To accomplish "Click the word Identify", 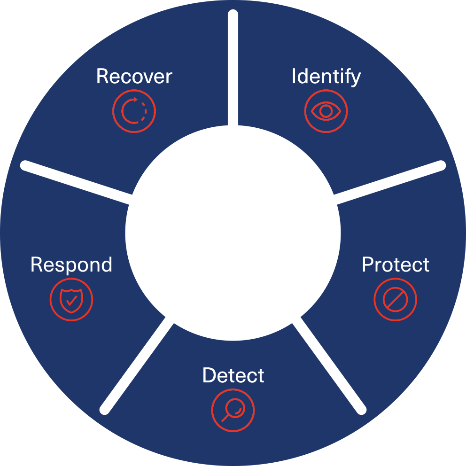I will pyautogui.click(x=326, y=77).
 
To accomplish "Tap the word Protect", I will pyautogui.click(x=396, y=265).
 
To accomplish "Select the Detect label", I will pyautogui.click(x=233, y=376).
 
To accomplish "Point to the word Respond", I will pyautogui.click(x=71, y=265).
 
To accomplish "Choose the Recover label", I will pyautogui.click(x=134, y=77).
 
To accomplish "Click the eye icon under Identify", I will pyautogui.click(x=326, y=111).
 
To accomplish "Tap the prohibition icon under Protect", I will pyautogui.click(x=396, y=300).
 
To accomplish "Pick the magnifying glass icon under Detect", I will pyautogui.click(x=233, y=410).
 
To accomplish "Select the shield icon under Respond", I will pyautogui.click(x=71, y=300).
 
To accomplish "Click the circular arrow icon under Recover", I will pyautogui.click(x=134, y=111).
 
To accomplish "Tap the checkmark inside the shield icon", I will pyautogui.click(x=71, y=300).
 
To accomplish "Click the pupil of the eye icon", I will pyautogui.click(x=326, y=111).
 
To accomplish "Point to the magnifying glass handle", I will pyautogui.click(x=226, y=417).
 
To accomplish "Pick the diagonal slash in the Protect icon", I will pyautogui.click(x=396, y=300).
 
